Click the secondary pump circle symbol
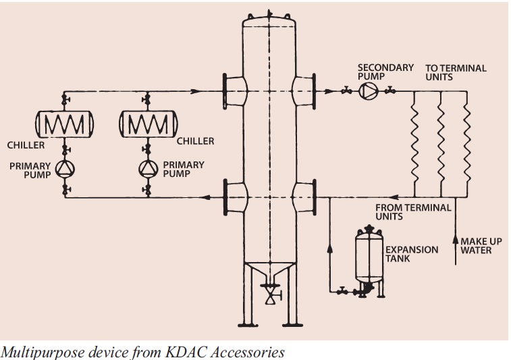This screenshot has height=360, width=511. coord(368,91)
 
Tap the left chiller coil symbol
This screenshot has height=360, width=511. coord(65,124)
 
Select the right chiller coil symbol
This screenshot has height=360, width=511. coord(146,124)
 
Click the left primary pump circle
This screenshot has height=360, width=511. coord(65,168)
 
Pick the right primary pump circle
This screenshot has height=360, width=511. coord(146,168)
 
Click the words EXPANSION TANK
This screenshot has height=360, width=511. coord(412,254)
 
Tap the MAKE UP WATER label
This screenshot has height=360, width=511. coord(481,246)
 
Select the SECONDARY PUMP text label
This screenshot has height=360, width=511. coord(385,72)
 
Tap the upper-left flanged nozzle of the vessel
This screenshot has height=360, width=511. coord(233,90)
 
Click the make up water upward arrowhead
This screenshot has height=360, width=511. coord(456,240)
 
